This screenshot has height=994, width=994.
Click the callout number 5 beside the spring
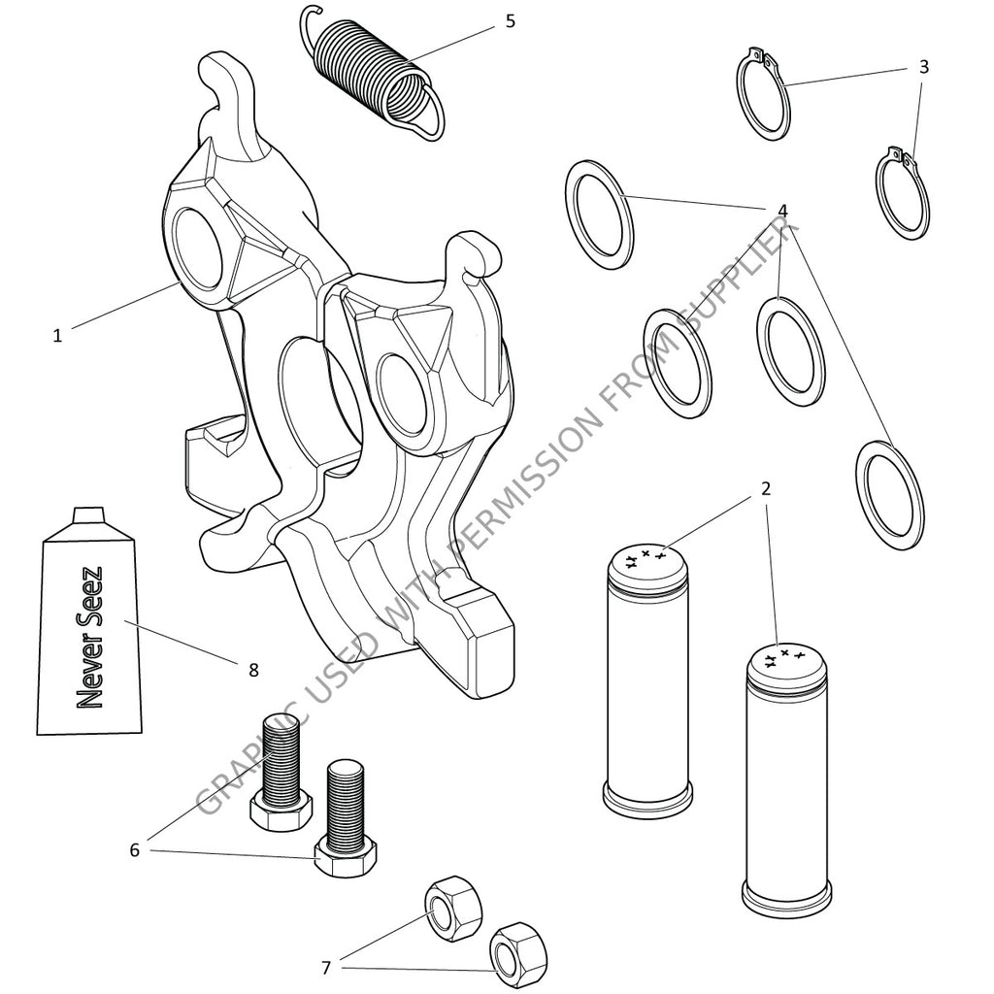pyautogui.click(x=511, y=20)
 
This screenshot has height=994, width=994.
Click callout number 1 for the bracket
pyautogui.click(x=57, y=336)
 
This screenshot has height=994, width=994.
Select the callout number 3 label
pyautogui.click(x=924, y=67)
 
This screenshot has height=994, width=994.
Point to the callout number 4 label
pyautogui.click(x=782, y=211)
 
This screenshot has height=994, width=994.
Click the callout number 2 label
pyautogui.click(x=766, y=488)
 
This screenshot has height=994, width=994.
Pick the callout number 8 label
pyautogui.click(x=253, y=669)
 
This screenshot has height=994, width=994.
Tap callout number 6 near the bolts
pyautogui.click(x=135, y=850)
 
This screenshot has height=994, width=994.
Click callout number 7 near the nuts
pyautogui.click(x=326, y=967)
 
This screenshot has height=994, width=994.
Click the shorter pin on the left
pyautogui.click(x=646, y=679)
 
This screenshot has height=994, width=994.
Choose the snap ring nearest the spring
pyautogui.click(x=766, y=96)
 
